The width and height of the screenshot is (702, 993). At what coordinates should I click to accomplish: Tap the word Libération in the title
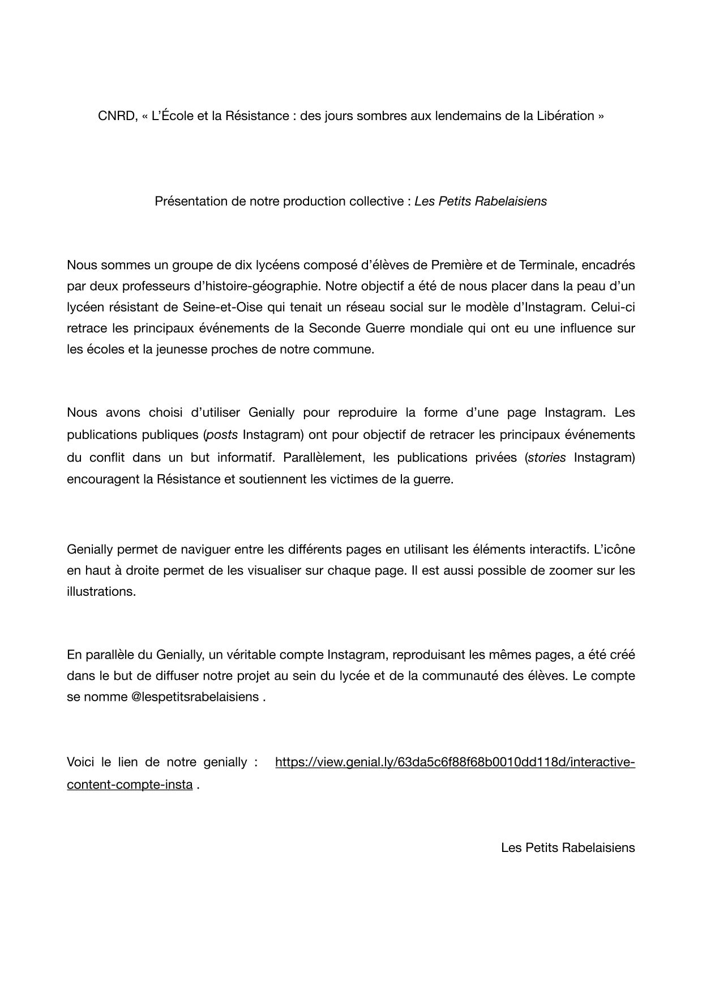coord(566,116)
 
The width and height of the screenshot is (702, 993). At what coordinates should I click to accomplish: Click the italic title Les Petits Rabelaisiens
coord(481,201)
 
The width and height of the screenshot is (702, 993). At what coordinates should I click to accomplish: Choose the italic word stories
coord(547,458)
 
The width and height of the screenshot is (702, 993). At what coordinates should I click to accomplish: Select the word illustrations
coord(101,591)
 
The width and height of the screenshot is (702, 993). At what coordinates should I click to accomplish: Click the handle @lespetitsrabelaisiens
coord(195,697)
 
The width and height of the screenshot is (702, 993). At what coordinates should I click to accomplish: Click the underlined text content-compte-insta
coord(130,786)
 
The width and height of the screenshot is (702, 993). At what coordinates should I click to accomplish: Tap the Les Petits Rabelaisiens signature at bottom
coord(568,848)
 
